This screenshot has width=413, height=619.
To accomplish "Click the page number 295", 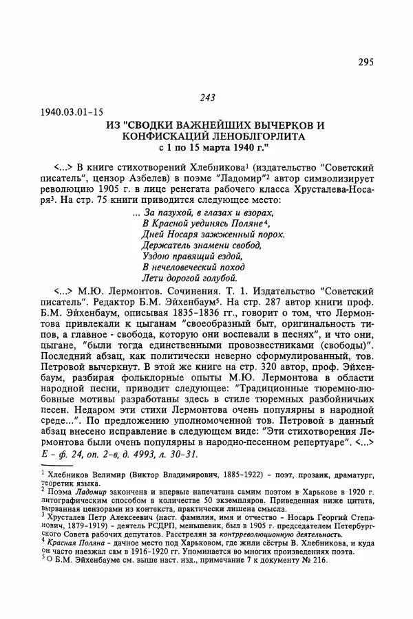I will (366, 63).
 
